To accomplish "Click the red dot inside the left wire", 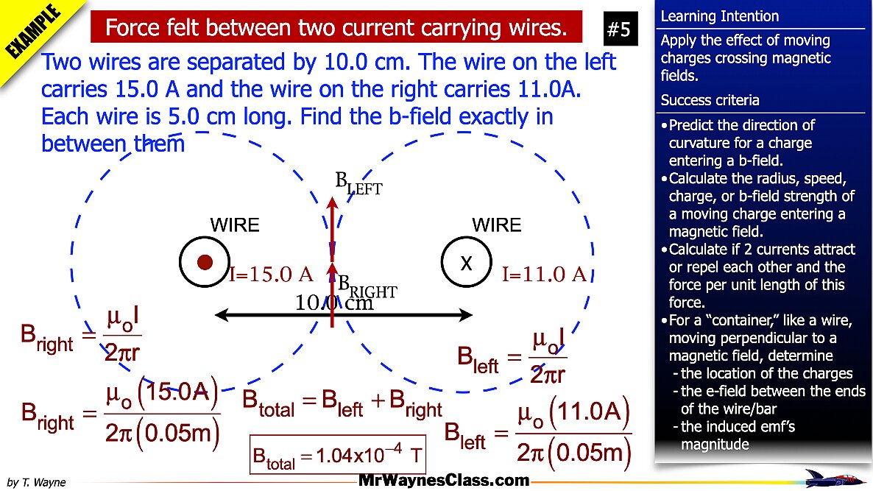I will coord(205,262).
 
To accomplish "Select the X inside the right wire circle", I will coord(466,264).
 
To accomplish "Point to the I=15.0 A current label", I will coord(272,275).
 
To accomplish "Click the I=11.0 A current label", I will coord(544,275).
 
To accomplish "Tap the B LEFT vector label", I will coord(358,183).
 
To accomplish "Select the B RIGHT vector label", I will coord(367,286).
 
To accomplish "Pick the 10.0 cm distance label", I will coord(334,303).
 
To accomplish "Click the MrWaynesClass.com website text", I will coord(444,481).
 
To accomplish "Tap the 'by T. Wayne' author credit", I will coord(36,483).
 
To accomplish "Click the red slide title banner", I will coord(336,28).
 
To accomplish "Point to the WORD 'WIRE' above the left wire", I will coord(235,225).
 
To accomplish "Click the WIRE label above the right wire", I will coord(496,225).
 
